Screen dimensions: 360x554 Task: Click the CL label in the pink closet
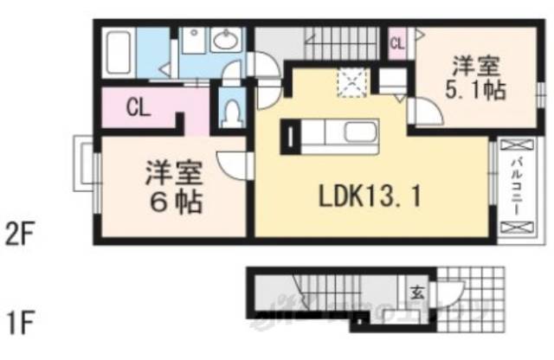138,108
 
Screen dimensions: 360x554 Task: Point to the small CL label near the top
397,42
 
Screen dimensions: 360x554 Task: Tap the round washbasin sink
228,41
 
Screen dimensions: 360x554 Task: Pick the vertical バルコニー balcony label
513,187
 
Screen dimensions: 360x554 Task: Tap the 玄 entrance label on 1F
417,290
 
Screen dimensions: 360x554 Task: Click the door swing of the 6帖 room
232,164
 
